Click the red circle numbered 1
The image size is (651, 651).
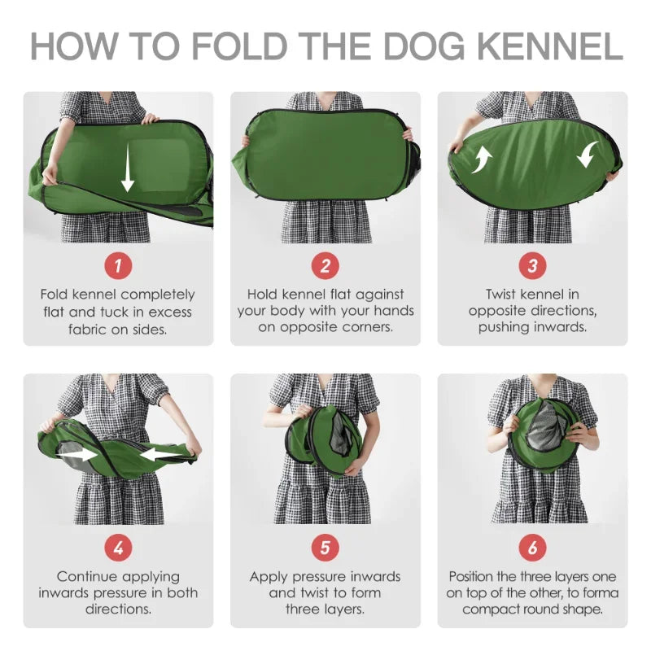click(x=118, y=265)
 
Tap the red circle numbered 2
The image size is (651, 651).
click(x=325, y=265)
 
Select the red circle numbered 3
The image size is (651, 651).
click(x=533, y=265)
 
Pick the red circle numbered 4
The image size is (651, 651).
click(x=118, y=548)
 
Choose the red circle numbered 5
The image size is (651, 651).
click(x=325, y=548)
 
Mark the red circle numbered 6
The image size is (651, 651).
click(x=533, y=548)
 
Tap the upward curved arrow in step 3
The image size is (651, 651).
click(x=482, y=158)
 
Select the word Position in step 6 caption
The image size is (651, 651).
click(x=476, y=577)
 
